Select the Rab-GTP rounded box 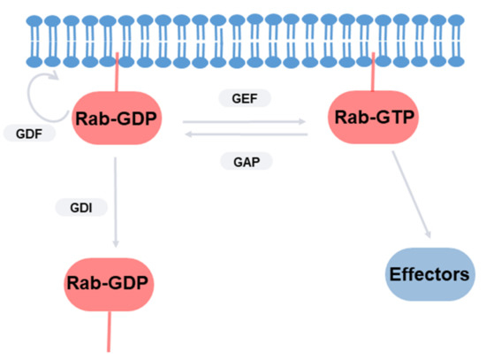372,116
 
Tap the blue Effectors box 429,275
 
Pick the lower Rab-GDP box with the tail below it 107,284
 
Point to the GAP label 245,161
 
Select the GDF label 29,135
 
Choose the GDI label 81,208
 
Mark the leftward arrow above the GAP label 245,135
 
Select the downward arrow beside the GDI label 116,203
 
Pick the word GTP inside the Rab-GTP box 390,116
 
